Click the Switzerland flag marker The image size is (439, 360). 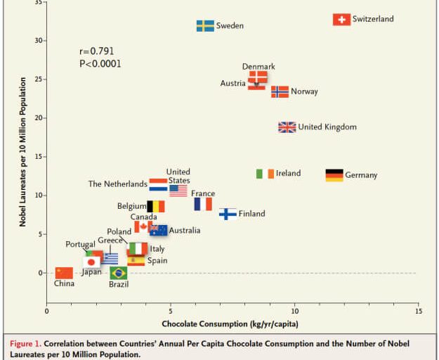coord(341,20)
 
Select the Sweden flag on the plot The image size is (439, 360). coord(205,26)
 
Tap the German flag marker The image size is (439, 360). coord(334,175)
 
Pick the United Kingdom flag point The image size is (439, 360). coord(287,127)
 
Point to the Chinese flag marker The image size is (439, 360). coord(64,273)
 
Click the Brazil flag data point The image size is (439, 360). coord(119,273)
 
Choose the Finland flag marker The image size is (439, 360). coord(228,214)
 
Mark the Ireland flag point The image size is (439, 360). coord(265,174)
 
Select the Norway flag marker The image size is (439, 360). coord(280,91)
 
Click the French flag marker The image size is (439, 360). coord(203,204)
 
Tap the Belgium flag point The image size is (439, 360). coord(155,207)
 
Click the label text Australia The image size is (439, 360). coord(185,231)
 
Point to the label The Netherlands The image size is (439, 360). coord(117,184)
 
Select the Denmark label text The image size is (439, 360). coord(258,67)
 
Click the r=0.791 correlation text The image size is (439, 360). coord(97,51)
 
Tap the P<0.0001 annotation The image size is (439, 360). coord(100,64)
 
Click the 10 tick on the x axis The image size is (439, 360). coord(294,310)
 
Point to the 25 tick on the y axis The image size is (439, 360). coord(37,79)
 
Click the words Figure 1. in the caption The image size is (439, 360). coord(26,344)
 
